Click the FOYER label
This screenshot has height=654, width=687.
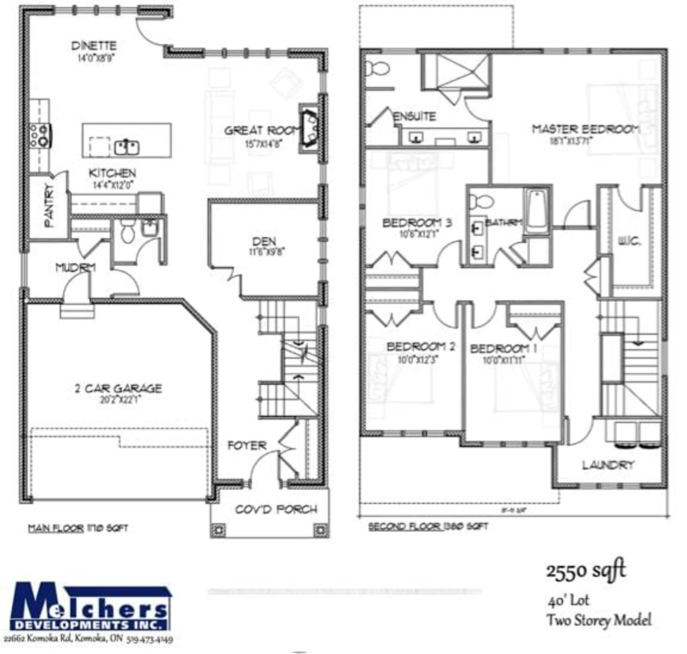[x=247, y=445]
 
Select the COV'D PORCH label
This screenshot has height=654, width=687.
[x=276, y=510]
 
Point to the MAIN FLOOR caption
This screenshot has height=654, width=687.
[x=56, y=528]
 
